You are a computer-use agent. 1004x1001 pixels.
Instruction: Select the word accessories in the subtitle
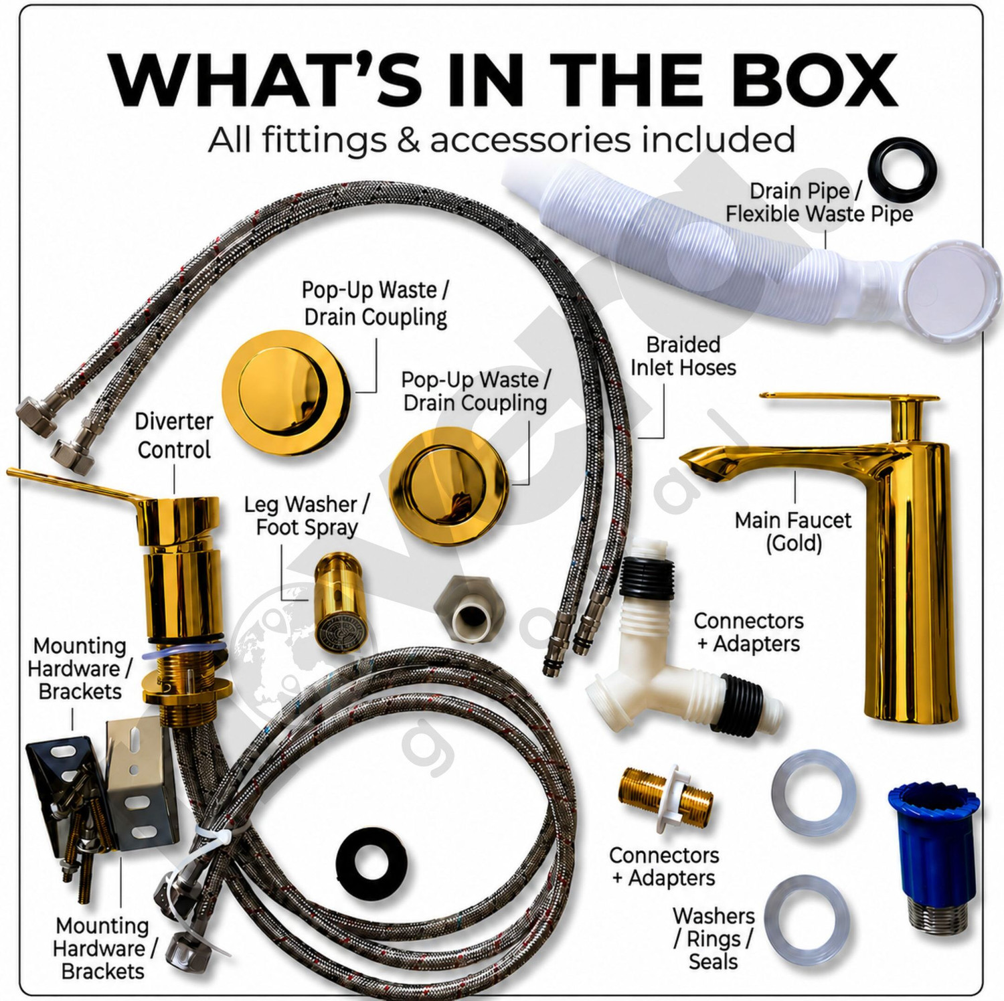(x=530, y=140)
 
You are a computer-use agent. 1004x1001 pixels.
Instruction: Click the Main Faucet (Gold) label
(x=793, y=531)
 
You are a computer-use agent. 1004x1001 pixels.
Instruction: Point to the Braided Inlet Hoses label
(x=683, y=356)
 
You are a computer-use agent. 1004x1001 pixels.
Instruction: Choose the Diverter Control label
(x=173, y=436)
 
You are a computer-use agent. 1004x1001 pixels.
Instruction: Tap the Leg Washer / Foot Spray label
(x=307, y=516)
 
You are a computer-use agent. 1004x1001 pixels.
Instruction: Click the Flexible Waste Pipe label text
(x=819, y=214)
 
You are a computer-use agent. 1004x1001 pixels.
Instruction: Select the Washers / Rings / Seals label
(x=714, y=938)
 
